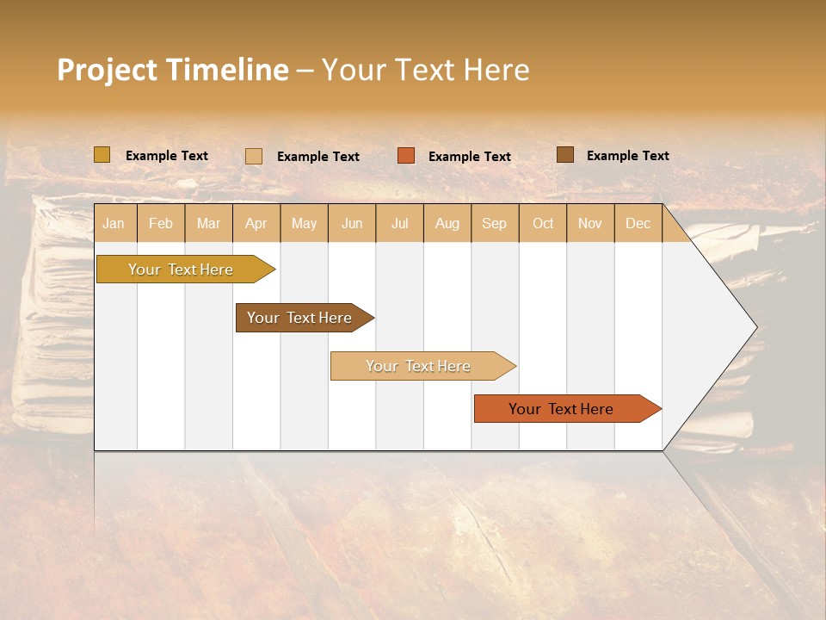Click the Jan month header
(x=114, y=223)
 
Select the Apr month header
(x=256, y=223)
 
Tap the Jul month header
(x=399, y=223)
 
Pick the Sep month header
(x=495, y=223)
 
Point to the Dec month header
(x=638, y=223)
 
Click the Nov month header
(x=590, y=223)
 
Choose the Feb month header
(x=161, y=223)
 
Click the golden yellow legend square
(x=102, y=155)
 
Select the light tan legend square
(x=253, y=156)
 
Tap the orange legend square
(x=406, y=156)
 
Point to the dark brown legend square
(x=564, y=155)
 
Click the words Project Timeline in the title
(x=172, y=70)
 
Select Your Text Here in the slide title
(x=426, y=70)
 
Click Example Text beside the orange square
(x=470, y=157)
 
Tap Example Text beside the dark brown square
(x=628, y=156)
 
